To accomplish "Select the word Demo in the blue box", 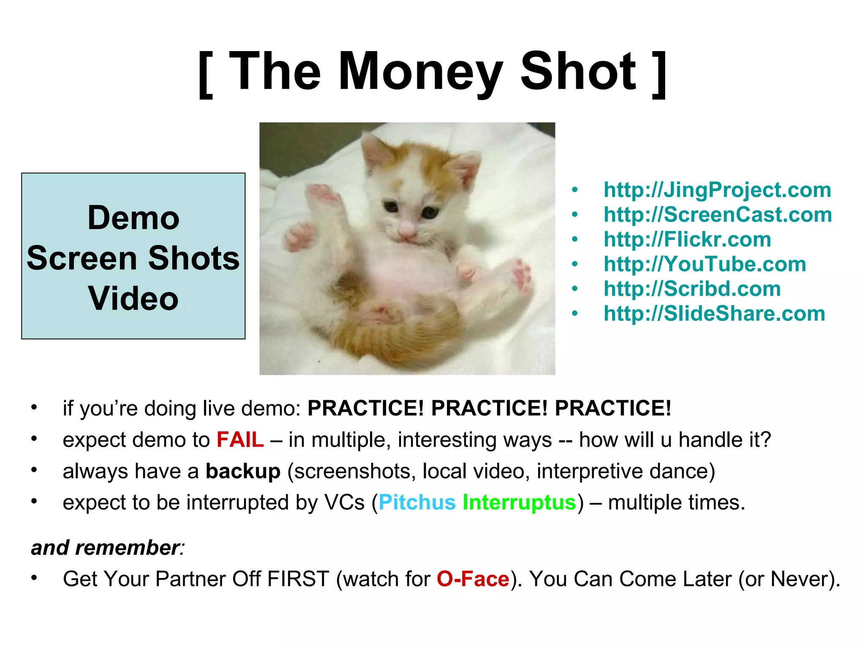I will pyautogui.click(x=133, y=218).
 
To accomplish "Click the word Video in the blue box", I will pyautogui.click(x=133, y=298).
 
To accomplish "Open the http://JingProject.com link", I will pyautogui.click(x=717, y=190).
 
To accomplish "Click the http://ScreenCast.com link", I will pyautogui.click(x=718, y=215).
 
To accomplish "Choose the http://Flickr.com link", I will pyautogui.click(x=687, y=240).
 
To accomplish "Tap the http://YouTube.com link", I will pyautogui.click(x=705, y=264).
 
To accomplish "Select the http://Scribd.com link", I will pyautogui.click(x=692, y=289).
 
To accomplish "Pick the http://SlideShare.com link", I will pyautogui.click(x=714, y=314).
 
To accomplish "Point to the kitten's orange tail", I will pyautogui.click(x=405, y=334).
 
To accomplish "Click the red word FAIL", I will pyautogui.click(x=240, y=440).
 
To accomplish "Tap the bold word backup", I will pyautogui.click(x=243, y=471).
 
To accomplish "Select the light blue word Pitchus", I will pyautogui.click(x=417, y=502).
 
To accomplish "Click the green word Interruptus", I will pyautogui.click(x=519, y=502).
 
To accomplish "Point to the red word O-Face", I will pyautogui.click(x=473, y=579).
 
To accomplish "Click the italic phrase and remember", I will pyautogui.click(x=106, y=548).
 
